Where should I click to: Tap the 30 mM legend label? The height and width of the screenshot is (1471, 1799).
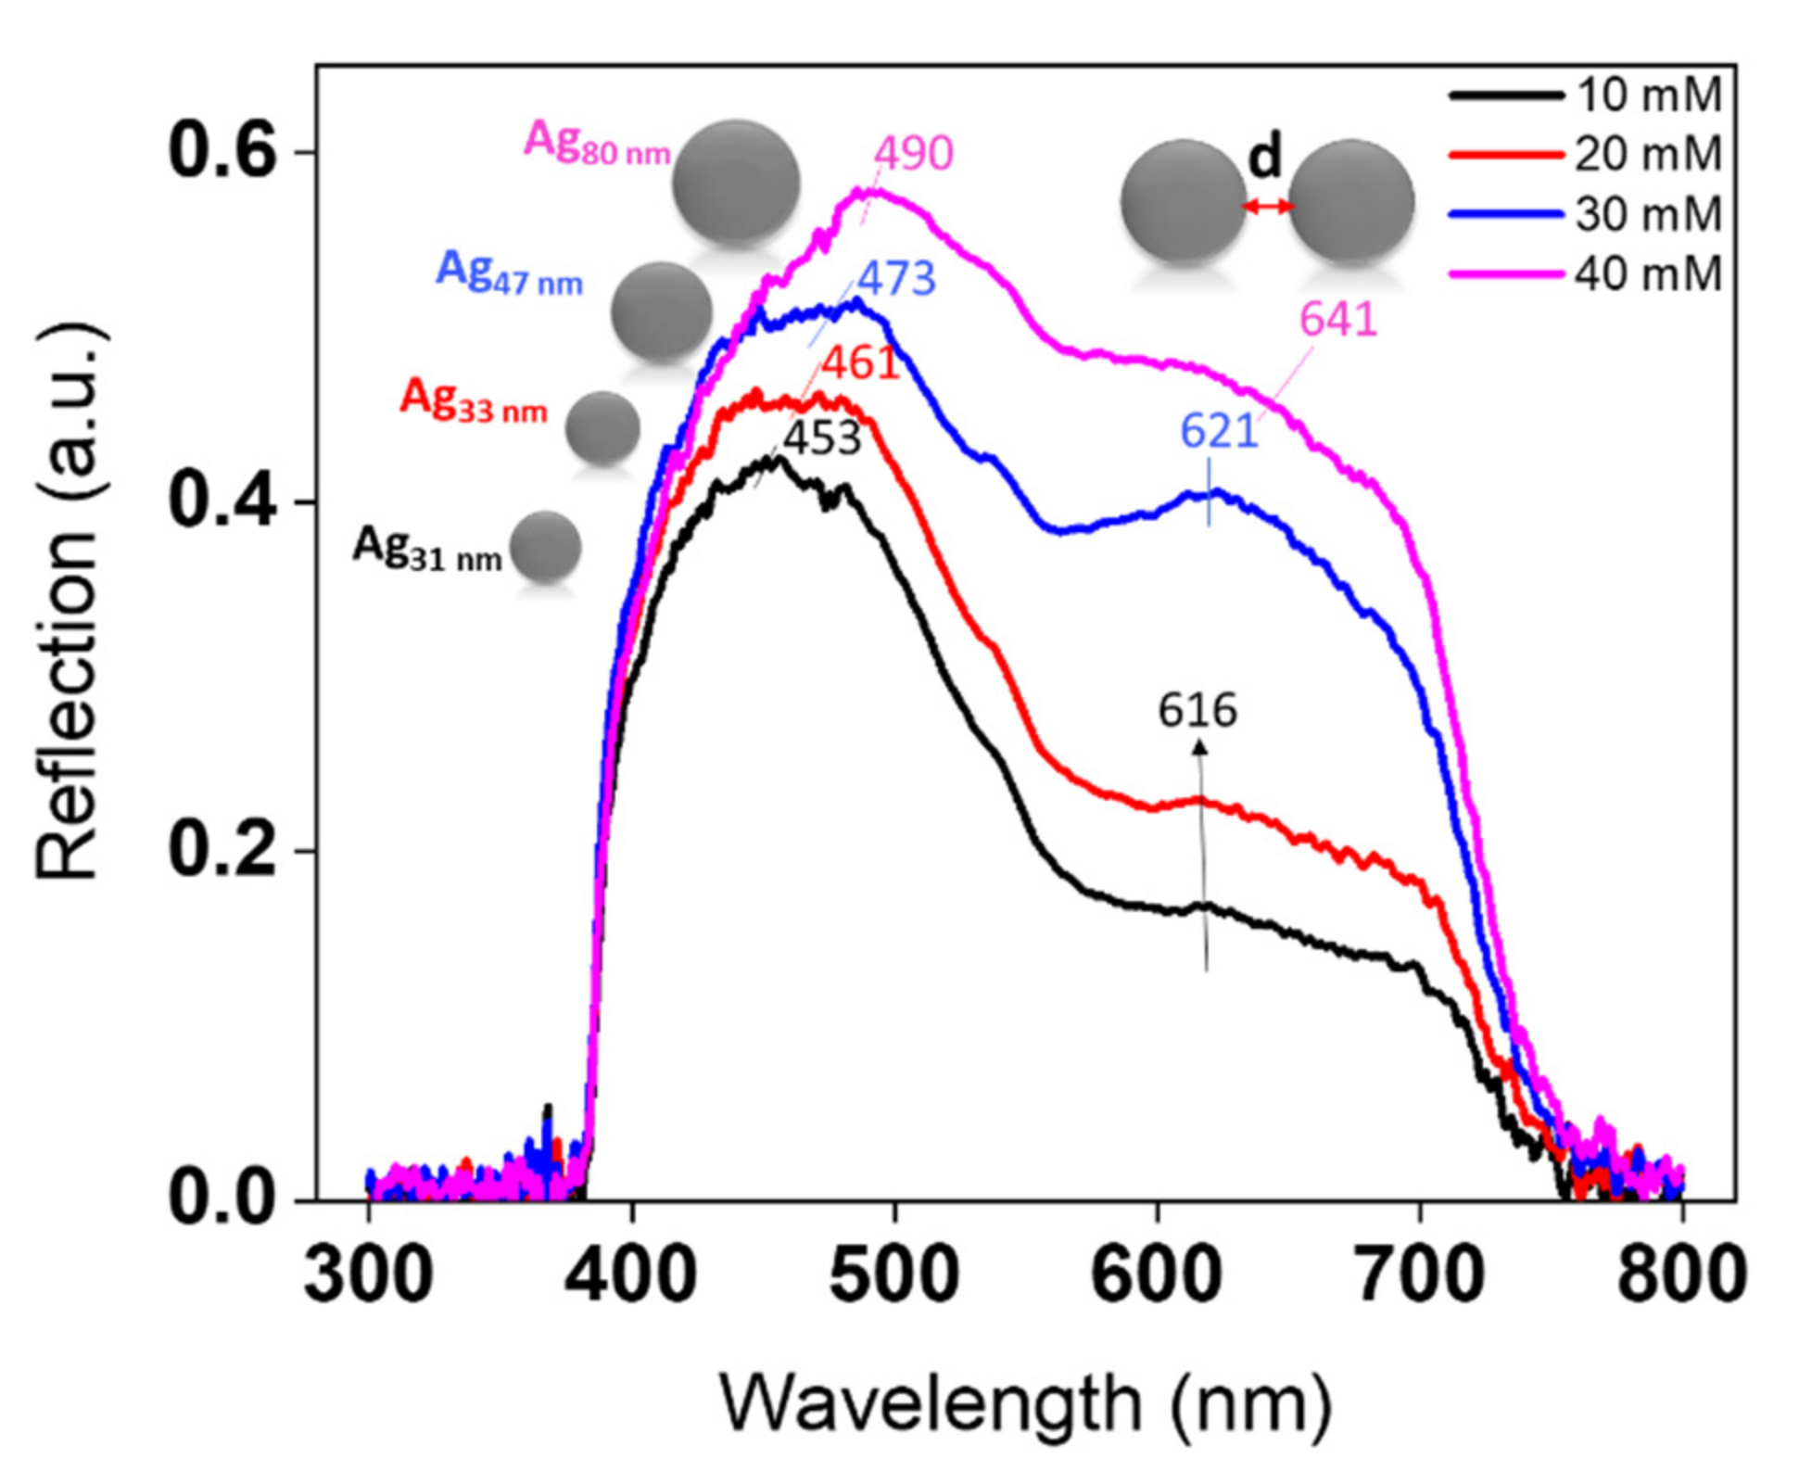[x=1647, y=214]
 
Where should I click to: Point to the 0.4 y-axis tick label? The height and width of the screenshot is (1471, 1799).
[x=222, y=501]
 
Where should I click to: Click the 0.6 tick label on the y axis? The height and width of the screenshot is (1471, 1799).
[x=222, y=152]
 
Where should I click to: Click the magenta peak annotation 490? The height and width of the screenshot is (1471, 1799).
[x=914, y=153]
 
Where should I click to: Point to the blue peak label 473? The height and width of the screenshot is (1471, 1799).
[x=896, y=278]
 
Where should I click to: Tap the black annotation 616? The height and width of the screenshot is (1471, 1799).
[x=1197, y=711]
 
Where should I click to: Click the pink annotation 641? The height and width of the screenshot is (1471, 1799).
[x=1337, y=319]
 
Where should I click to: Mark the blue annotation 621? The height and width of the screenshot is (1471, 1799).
[x=1219, y=431]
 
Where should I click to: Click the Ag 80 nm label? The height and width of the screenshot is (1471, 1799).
[x=597, y=143]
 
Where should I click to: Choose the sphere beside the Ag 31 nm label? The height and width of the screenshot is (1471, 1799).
[x=545, y=546]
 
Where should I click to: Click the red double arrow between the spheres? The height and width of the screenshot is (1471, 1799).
[x=1267, y=207]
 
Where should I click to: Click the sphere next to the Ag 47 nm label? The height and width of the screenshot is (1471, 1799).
[x=661, y=312]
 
